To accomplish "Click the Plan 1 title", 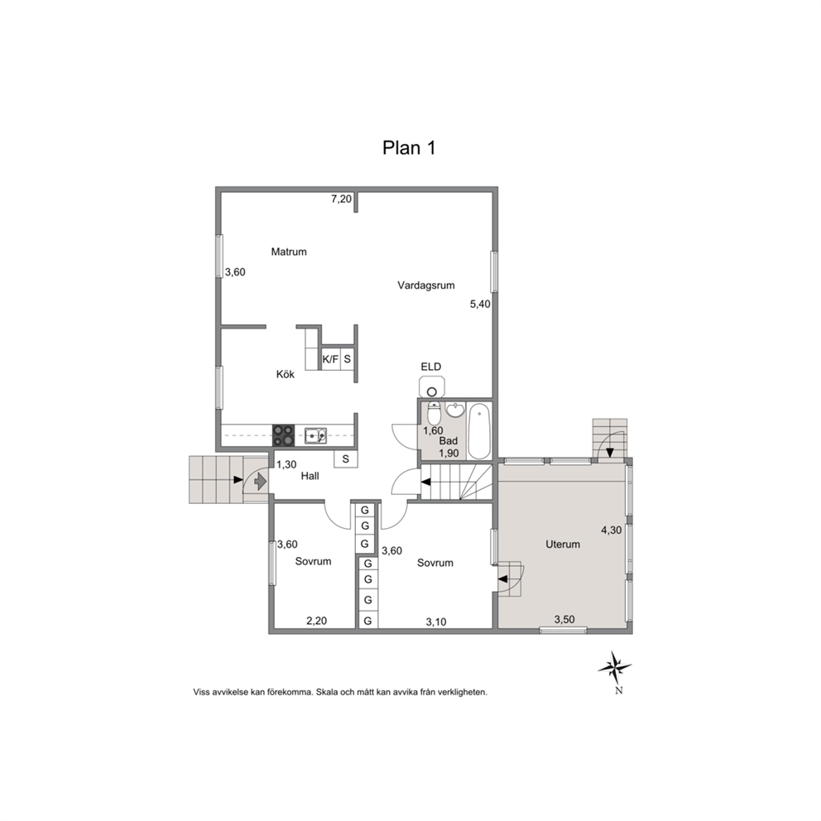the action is pos(409,147).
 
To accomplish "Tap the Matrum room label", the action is pos(289,252).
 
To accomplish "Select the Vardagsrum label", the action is pos(425,286).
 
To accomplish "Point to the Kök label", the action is pos(286,374).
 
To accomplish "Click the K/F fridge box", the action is pos(330,359).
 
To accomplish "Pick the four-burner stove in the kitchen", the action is pos(283,435).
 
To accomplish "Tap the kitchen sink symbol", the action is pos(315,435).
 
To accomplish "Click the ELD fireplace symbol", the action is pos(432,386).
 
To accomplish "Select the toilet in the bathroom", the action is pos(434,414).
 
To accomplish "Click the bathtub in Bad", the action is pos(479,431).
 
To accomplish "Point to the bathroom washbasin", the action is pos(455,410).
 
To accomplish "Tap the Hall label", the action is pos(310,476).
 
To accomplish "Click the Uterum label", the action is pos(563,544).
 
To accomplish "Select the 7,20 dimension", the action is pos(341,199).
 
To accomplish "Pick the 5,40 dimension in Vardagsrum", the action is pos(480,304).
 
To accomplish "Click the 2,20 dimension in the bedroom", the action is pos(316,621).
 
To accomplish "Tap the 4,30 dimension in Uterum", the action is pos(611,530).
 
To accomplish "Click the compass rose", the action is pos(615,668).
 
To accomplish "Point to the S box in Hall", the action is pos(346,459).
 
